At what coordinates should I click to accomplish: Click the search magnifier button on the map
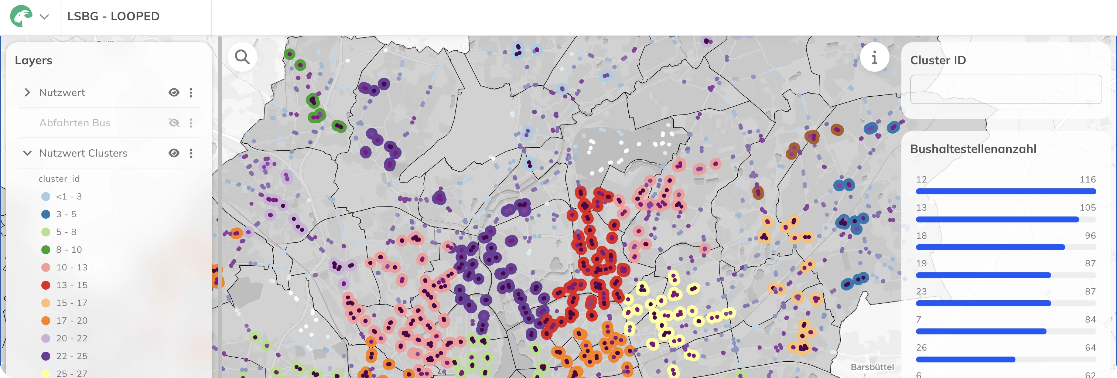pos(242,57)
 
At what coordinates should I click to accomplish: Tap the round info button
pos(874,57)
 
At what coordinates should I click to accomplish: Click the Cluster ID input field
pos(1005,90)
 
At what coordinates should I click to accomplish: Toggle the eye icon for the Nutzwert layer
pos(174,92)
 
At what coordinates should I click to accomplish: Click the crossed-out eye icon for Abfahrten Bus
pos(174,123)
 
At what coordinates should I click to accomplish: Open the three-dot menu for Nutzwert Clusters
pos(191,153)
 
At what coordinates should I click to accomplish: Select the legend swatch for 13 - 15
pos(46,285)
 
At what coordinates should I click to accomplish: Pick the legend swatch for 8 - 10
pos(46,250)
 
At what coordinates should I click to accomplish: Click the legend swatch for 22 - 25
pos(46,356)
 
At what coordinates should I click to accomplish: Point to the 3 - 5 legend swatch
pos(46,214)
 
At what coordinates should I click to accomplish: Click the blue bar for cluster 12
pos(1005,191)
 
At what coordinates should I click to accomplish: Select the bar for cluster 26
pos(965,359)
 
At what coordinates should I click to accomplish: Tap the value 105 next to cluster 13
pos(1087,208)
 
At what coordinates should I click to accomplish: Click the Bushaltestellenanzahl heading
pos(973,149)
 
